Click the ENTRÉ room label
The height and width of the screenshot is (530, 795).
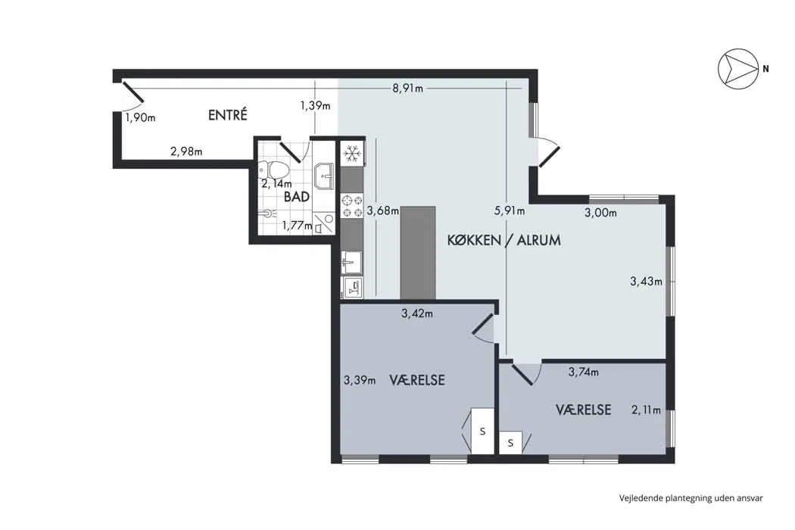pyautogui.click(x=228, y=115)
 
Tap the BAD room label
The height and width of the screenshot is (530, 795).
pyautogui.click(x=297, y=197)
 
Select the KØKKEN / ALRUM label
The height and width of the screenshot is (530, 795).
pyautogui.click(x=504, y=240)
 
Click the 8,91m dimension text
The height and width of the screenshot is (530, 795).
pyautogui.click(x=407, y=89)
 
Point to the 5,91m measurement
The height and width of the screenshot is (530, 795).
pyautogui.click(x=510, y=210)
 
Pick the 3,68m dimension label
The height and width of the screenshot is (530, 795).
pyautogui.click(x=383, y=210)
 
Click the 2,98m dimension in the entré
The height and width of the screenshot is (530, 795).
pyautogui.click(x=186, y=151)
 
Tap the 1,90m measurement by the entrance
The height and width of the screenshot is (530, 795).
pyautogui.click(x=140, y=117)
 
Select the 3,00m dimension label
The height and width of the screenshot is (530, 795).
pyautogui.click(x=601, y=213)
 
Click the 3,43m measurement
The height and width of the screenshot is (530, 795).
pyautogui.click(x=647, y=281)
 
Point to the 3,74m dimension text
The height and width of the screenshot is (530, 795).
pyautogui.click(x=584, y=373)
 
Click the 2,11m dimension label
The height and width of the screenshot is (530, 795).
pyautogui.click(x=647, y=410)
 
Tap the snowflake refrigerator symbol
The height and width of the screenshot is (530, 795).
pyautogui.click(x=352, y=154)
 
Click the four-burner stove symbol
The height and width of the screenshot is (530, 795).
pyautogui.click(x=352, y=206)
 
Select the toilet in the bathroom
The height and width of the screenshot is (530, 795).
pyautogui.click(x=273, y=169)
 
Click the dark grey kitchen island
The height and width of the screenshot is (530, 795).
pyautogui.click(x=418, y=253)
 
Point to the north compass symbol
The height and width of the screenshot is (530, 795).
pyautogui.click(x=735, y=69)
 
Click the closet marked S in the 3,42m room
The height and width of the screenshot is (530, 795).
pyautogui.click(x=483, y=431)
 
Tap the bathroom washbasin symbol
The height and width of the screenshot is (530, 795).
pyautogui.click(x=323, y=176)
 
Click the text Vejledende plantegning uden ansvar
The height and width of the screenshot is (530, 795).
pyautogui.click(x=691, y=498)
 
